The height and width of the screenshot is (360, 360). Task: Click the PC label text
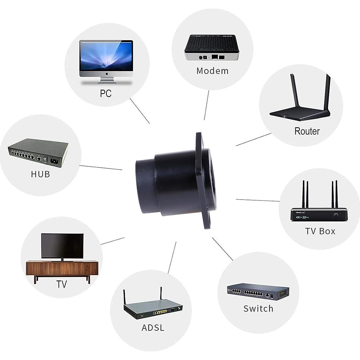click(x=106, y=93)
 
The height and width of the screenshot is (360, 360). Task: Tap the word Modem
click(x=212, y=71)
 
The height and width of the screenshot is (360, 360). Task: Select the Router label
click(x=307, y=131)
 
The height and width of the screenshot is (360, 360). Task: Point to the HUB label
click(x=40, y=174)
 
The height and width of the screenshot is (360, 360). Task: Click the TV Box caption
click(x=320, y=231)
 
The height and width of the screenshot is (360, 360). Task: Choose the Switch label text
click(x=258, y=308)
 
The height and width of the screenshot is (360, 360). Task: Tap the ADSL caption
click(x=153, y=328)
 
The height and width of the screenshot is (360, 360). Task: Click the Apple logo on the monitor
click(x=106, y=74)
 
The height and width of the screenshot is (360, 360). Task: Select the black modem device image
click(x=212, y=48)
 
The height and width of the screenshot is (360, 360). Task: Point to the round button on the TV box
click(x=336, y=215)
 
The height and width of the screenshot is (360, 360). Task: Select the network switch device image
click(x=258, y=292)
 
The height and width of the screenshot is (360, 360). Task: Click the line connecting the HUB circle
click(x=101, y=168)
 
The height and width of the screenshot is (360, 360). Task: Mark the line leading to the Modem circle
click(x=207, y=105)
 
